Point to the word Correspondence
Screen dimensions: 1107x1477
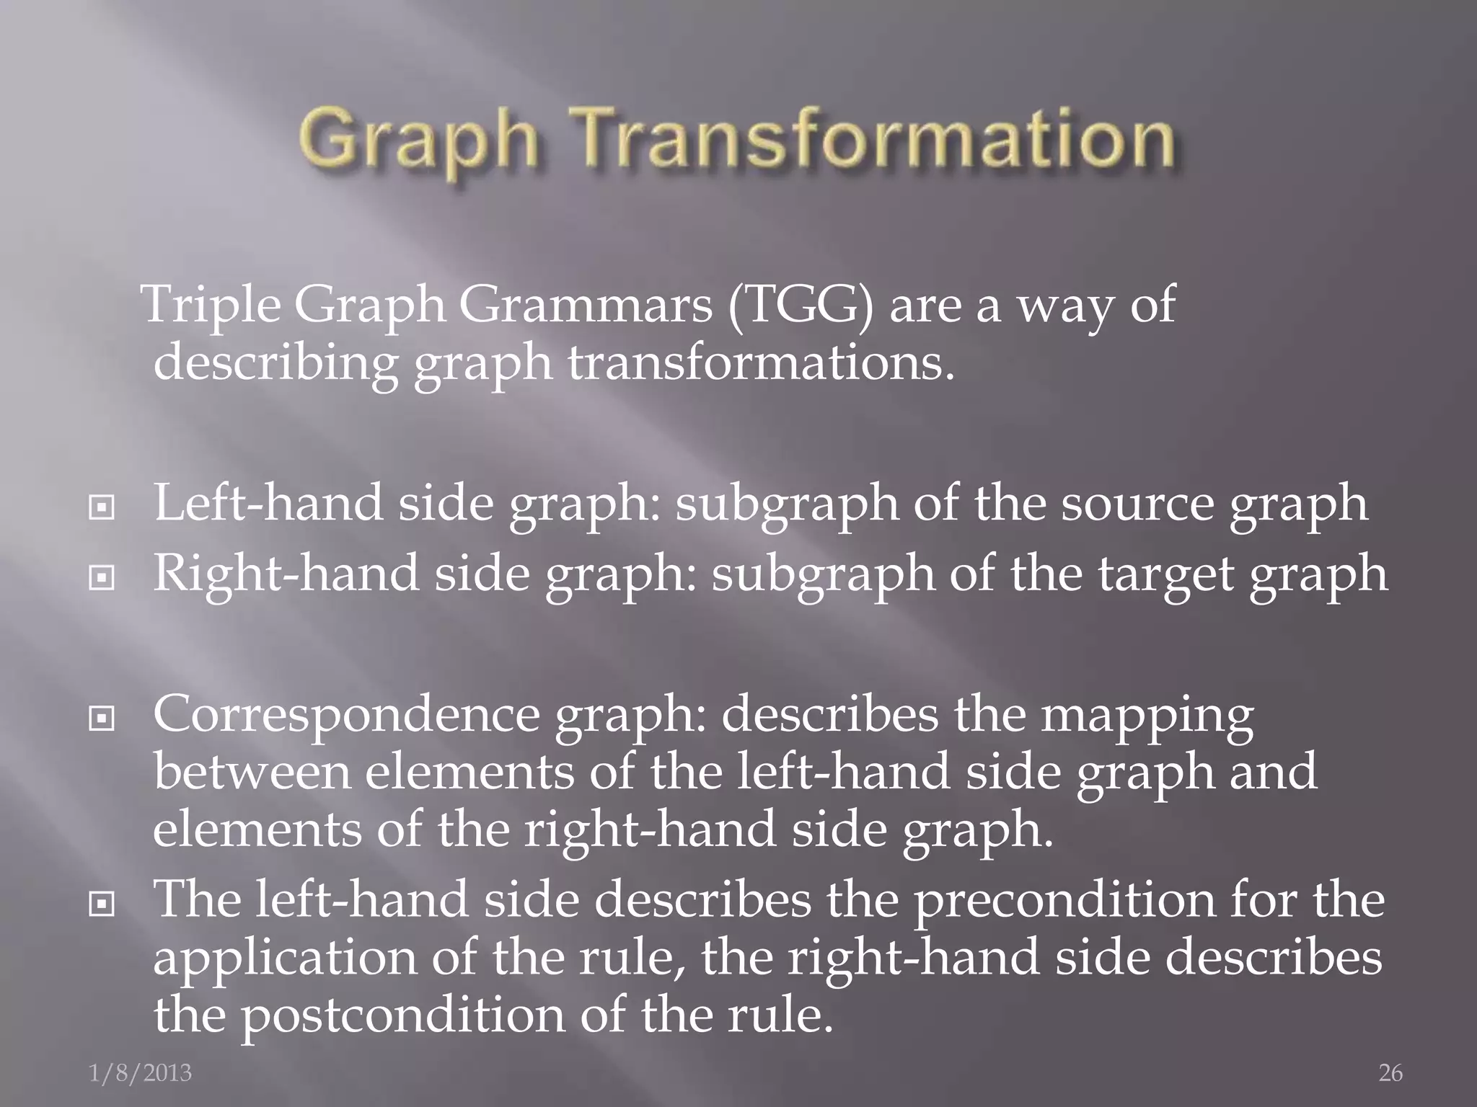coord(346,716)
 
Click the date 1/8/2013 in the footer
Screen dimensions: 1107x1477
coord(141,1073)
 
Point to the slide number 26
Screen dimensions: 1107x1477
coord(1390,1073)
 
